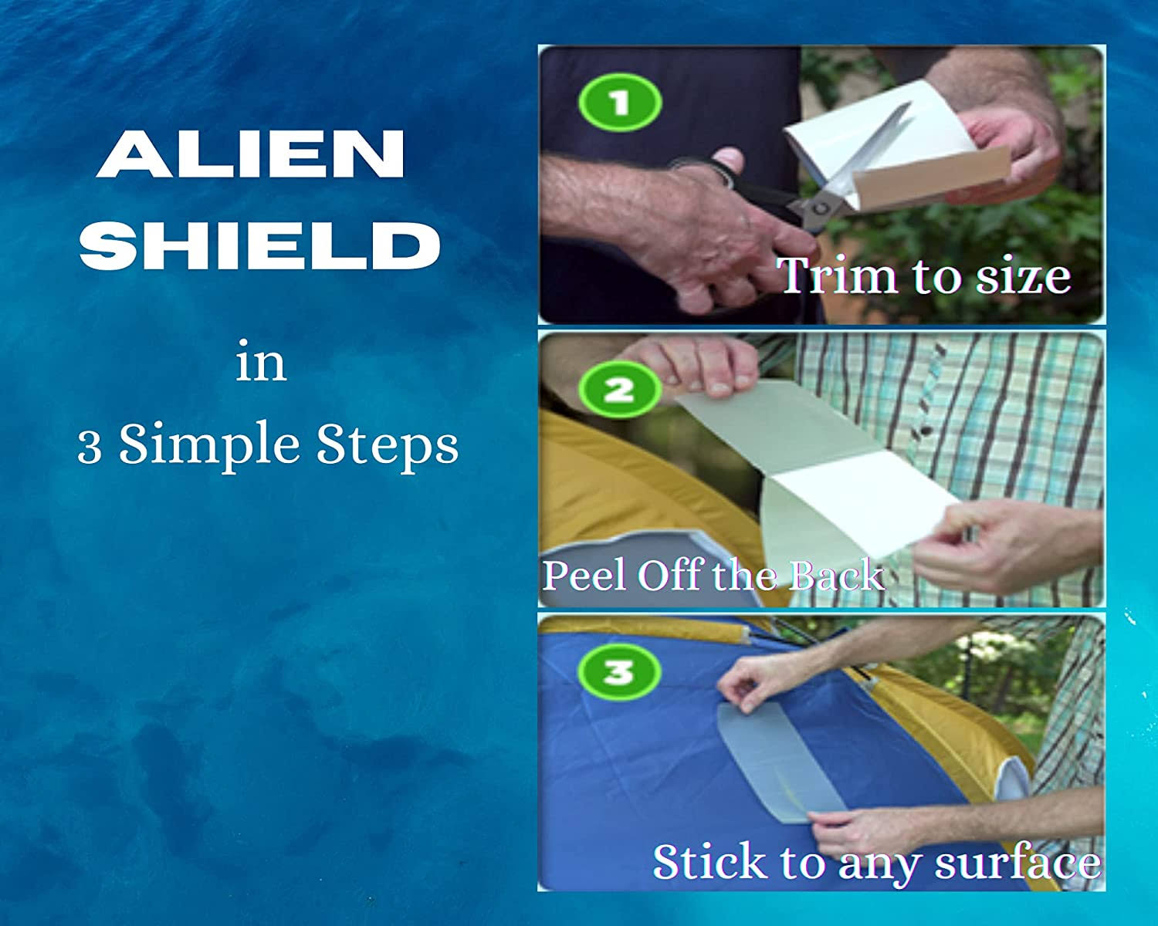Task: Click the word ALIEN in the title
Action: [250, 154]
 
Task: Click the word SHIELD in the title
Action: [260, 246]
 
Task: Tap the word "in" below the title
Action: [260, 361]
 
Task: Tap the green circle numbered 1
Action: [620, 102]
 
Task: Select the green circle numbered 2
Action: [619, 390]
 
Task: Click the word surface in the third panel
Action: [1017, 863]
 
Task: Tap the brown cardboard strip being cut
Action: [931, 177]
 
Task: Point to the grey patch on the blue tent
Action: [780, 763]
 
